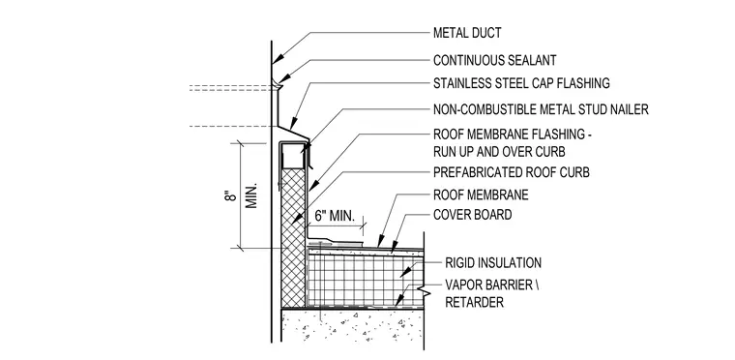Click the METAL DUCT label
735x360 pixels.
tap(467, 33)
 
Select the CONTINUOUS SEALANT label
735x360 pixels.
tap(494, 60)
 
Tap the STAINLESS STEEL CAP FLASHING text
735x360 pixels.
tap(521, 83)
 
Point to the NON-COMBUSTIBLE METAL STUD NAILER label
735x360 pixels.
tap(541, 109)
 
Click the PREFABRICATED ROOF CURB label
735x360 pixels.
tap(511, 172)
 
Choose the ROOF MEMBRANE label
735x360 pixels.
tap(481, 195)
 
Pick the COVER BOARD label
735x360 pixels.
tap(472, 215)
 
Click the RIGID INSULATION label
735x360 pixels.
tap(492, 263)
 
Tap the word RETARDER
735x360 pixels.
tap(474, 302)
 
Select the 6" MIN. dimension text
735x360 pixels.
tap(335, 217)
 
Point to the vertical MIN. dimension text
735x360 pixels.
tap(251, 195)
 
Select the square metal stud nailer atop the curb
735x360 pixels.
tap(293, 156)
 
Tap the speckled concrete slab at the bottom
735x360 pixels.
tap(352, 325)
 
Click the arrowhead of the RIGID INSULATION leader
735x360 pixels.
tap(403, 272)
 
